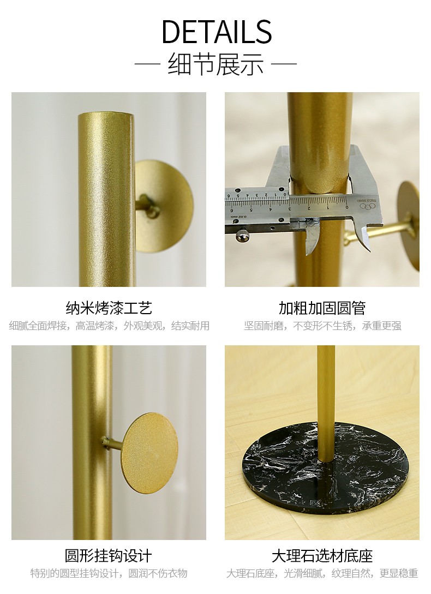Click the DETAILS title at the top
[x=217, y=31]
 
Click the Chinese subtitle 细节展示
[x=215, y=63]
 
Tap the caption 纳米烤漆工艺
[x=109, y=308]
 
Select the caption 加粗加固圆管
[x=322, y=308]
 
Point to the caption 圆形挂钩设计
[x=109, y=556]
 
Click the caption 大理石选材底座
[x=322, y=556]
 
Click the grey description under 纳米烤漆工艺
[x=109, y=326]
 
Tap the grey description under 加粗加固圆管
[x=322, y=326]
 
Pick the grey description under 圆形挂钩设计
[x=109, y=573]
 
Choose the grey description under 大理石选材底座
[x=322, y=573]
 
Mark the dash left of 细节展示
[x=147, y=64]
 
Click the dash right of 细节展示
[x=284, y=64]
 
